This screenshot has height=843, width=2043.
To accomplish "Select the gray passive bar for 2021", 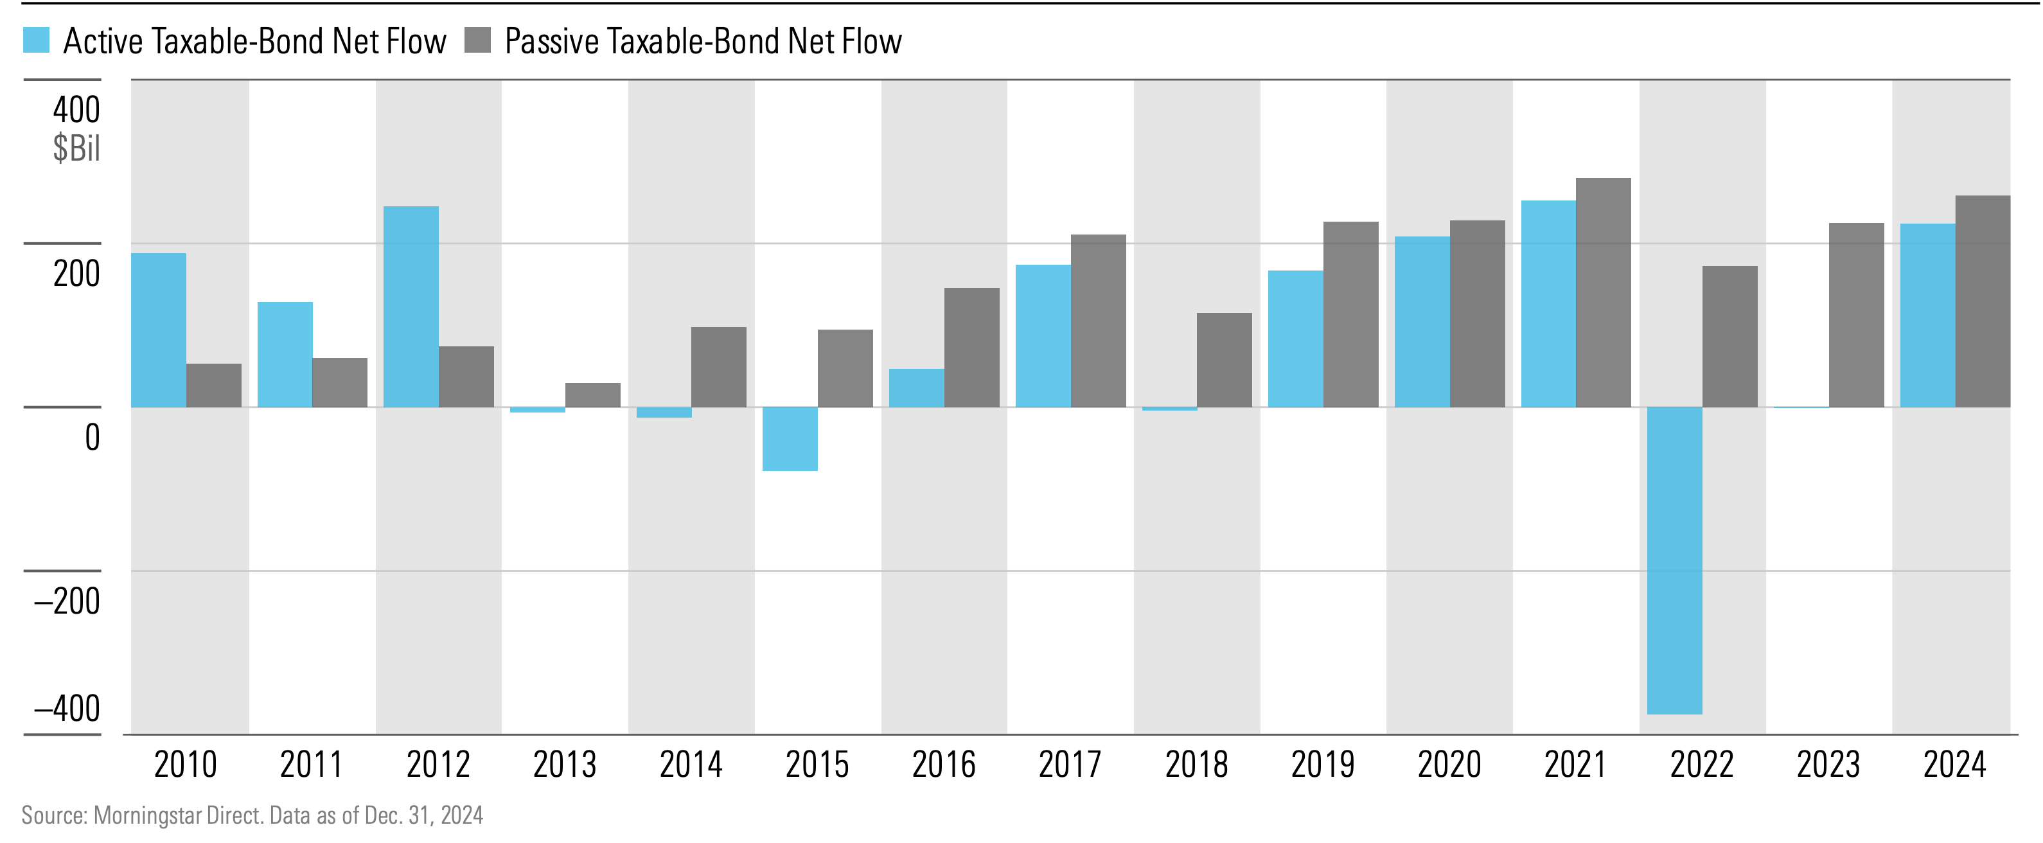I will [x=1603, y=292].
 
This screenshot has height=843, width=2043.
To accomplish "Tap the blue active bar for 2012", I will [x=411, y=307].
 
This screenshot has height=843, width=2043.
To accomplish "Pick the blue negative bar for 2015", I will [x=790, y=439].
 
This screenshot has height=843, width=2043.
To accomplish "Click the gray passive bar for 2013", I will [x=592, y=395].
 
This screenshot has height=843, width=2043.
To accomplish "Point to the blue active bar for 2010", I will [x=159, y=330].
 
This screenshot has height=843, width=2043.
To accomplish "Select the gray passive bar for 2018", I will [x=1224, y=360].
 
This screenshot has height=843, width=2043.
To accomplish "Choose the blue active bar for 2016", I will [x=916, y=388].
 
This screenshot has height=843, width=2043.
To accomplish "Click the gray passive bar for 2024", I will [x=1982, y=301].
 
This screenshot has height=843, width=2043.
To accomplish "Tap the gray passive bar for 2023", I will [x=1856, y=315].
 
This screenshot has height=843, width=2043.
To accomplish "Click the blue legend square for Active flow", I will [x=37, y=40].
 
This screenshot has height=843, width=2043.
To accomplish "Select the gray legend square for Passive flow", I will [x=477, y=40].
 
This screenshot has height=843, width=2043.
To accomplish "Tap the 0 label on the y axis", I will [x=92, y=437].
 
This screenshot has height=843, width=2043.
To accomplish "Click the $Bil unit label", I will [x=76, y=148].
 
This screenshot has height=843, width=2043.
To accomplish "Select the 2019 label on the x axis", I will [x=1322, y=765].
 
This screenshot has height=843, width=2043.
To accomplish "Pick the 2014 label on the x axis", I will [x=691, y=765].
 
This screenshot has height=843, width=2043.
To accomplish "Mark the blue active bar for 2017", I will [x=1042, y=335].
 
